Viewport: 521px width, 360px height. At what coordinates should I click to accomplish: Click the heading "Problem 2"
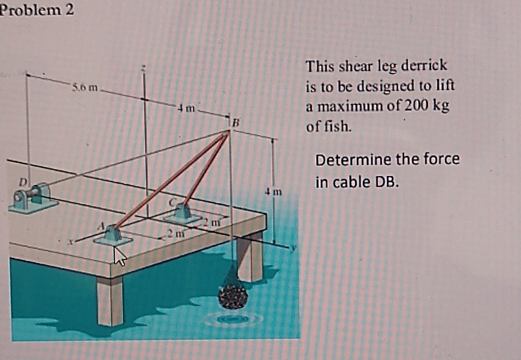(37, 10)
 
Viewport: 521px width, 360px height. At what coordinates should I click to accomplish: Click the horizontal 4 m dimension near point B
(186, 108)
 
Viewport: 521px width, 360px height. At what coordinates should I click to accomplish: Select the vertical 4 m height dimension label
(273, 192)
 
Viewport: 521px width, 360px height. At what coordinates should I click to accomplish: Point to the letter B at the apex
(236, 123)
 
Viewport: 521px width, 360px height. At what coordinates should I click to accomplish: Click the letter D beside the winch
(22, 182)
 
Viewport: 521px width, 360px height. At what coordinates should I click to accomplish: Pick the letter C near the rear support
(172, 202)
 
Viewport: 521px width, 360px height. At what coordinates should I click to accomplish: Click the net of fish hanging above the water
(233, 295)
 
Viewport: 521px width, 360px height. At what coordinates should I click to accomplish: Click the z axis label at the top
(144, 68)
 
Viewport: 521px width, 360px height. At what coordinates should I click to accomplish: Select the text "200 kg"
(426, 106)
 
